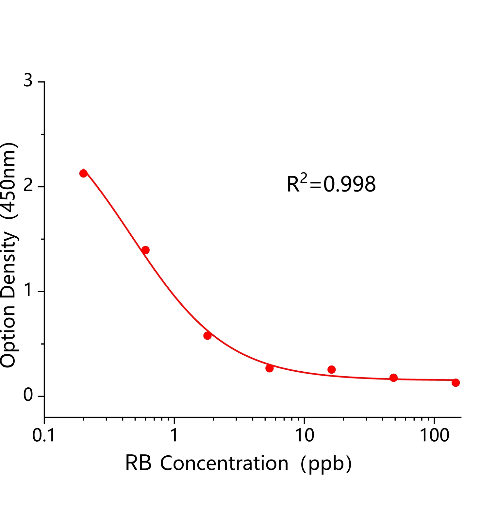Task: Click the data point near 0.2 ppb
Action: (83, 173)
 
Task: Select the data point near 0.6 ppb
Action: (145, 250)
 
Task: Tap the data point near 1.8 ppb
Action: (207, 335)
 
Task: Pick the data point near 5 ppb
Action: (270, 368)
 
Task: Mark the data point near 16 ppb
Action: (331, 369)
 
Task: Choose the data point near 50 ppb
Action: (393, 378)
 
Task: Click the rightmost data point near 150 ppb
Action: (456, 382)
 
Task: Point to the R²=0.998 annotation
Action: (331, 184)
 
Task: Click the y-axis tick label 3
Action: (28, 80)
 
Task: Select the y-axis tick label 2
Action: (28, 186)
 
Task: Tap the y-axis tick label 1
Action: (28, 290)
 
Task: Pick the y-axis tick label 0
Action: (28, 395)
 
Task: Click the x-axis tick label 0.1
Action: (44, 435)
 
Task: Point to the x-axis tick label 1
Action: (174, 435)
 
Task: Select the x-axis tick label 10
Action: (304, 435)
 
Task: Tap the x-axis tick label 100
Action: (434, 435)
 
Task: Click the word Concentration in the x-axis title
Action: (224, 464)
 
